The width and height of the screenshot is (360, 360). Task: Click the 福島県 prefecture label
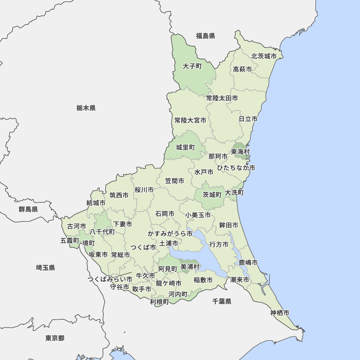point(206,36)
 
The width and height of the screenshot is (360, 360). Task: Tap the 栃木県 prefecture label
point(86,108)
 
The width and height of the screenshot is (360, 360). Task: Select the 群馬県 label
point(28,209)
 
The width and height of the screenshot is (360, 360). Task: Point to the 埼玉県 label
point(45,267)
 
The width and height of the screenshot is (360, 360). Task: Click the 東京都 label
point(55,338)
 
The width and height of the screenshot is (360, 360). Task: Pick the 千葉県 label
point(222,301)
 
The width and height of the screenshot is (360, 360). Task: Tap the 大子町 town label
point(192,66)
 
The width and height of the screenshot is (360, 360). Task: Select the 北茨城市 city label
point(264,56)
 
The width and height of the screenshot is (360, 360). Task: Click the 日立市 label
point(248,119)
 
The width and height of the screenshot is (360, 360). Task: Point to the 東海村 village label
point(240,152)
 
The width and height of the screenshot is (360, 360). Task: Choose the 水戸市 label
point(204,172)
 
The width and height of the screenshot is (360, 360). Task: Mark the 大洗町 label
point(234,193)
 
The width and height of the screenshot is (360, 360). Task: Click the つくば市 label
point(143,247)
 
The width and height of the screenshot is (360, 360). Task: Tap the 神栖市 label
point(280,312)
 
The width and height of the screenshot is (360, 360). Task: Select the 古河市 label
point(77,226)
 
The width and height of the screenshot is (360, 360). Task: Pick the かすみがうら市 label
point(170,234)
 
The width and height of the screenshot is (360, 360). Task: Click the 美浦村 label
point(190,267)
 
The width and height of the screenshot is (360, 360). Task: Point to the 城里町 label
point(185,147)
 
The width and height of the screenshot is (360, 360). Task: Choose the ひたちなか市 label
point(236,168)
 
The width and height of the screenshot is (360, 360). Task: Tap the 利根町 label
point(159,302)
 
